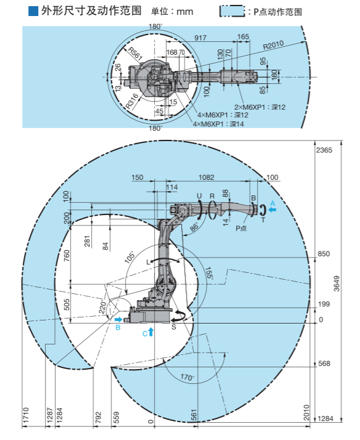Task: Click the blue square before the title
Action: pyautogui.click(x=33, y=12)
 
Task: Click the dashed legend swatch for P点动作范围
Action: pyautogui.click(x=232, y=12)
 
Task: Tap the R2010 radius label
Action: pyautogui.click(x=273, y=45)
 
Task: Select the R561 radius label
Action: pyautogui.click(x=136, y=54)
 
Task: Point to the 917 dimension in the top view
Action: pyautogui.click(x=200, y=38)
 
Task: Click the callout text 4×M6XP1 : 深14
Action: pyautogui.click(x=218, y=124)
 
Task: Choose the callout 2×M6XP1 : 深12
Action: pyautogui.click(x=260, y=107)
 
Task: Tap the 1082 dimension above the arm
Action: pyautogui.click(x=207, y=177)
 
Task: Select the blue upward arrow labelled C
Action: pyautogui.click(x=151, y=332)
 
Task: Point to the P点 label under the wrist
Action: pyautogui.click(x=241, y=228)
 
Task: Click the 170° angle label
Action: pyautogui.click(x=187, y=377)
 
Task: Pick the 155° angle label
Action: pyautogui.click(x=209, y=273)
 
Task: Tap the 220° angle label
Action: pyautogui.click(x=103, y=308)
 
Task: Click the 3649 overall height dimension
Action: pyautogui.click(x=337, y=283)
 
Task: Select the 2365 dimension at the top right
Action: pyautogui.click(x=324, y=150)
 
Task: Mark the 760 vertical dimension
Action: pyautogui.click(x=67, y=256)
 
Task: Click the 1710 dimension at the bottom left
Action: pyautogui.click(x=25, y=415)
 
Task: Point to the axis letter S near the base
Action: pyautogui.click(x=174, y=327)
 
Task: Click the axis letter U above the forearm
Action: pyautogui.click(x=199, y=196)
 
